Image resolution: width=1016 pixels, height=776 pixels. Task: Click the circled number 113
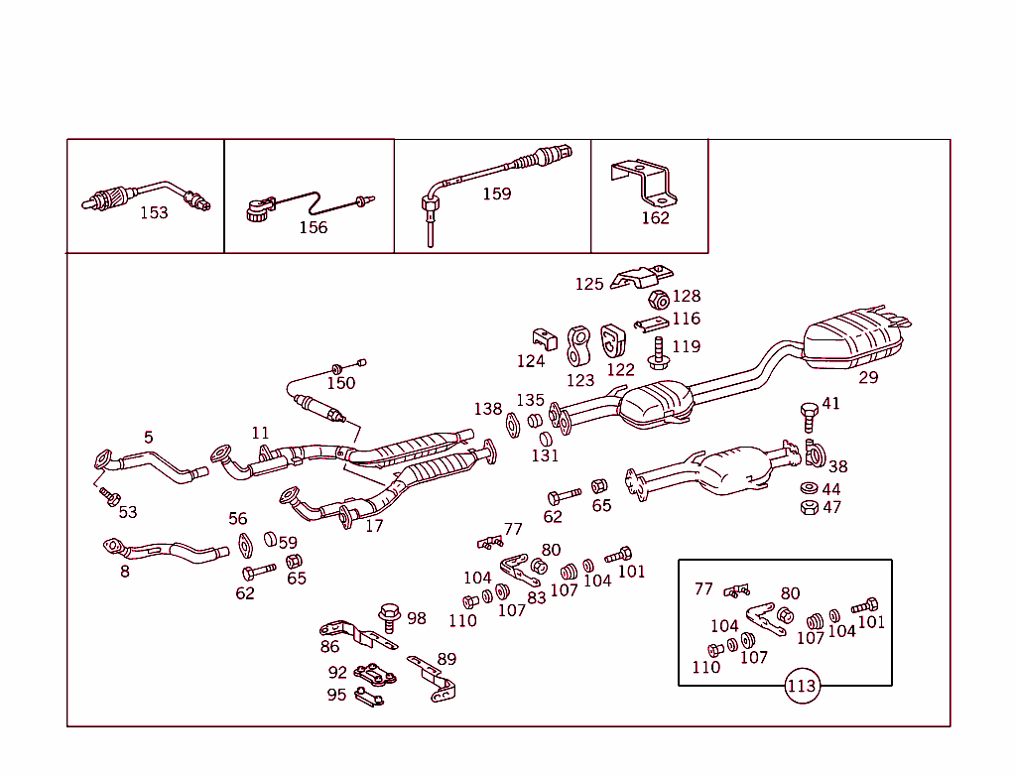801,686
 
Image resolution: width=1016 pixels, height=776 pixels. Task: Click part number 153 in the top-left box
154,212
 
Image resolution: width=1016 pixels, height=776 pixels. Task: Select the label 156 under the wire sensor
313,227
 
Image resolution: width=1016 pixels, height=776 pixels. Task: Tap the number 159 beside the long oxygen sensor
496,194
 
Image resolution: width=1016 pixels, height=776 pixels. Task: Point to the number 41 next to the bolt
830,404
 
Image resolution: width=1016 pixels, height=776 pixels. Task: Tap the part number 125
589,285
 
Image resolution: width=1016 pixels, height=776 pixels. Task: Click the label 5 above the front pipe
148,437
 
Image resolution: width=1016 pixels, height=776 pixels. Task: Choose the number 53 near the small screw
128,512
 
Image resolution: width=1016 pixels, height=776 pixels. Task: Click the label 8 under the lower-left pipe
125,572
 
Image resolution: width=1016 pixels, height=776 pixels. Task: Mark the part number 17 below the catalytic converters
373,526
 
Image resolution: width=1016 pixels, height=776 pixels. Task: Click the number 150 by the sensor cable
340,383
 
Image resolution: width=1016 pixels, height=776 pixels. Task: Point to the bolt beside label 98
388,617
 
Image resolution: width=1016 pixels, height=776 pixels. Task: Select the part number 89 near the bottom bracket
446,659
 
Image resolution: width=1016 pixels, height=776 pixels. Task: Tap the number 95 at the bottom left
337,695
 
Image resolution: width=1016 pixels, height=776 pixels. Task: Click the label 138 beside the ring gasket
487,409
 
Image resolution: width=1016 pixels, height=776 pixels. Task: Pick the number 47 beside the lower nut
831,507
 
